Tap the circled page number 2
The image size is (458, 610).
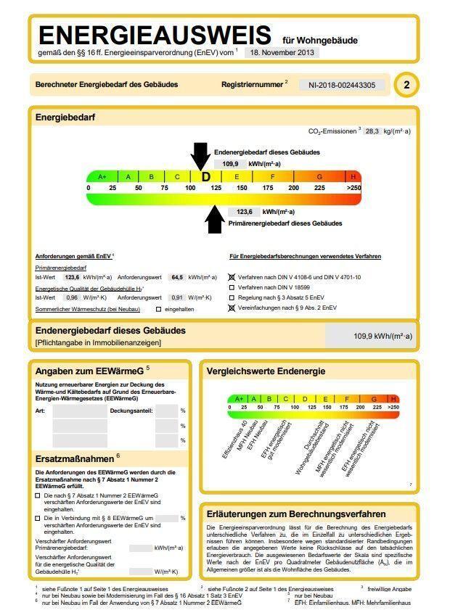(x=406, y=85)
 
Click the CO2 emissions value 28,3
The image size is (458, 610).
(x=372, y=131)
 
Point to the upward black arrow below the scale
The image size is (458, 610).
(x=214, y=219)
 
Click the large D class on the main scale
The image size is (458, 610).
(x=205, y=177)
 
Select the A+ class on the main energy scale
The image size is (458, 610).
(x=102, y=177)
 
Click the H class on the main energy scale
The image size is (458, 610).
(x=353, y=177)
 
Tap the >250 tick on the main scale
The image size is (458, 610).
(x=353, y=188)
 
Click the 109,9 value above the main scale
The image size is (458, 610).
(x=230, y=164)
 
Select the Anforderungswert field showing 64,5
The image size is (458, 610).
(x=176, y=277)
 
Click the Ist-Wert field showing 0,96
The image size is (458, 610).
(x=71, y=297)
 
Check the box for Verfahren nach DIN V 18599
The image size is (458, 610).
(x=232, y=287)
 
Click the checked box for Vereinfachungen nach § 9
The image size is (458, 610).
(x=232, y=308)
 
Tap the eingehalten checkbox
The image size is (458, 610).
(x=158, y=310)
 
